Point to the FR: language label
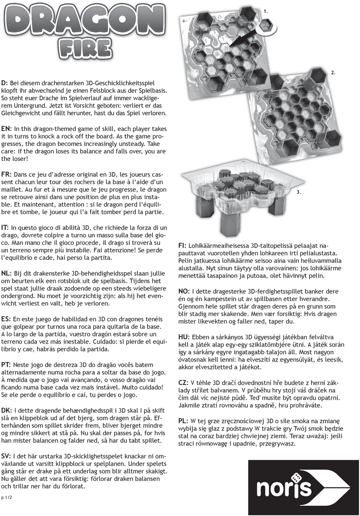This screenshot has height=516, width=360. [x=7, y=174]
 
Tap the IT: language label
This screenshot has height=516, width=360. [x=6, y=227]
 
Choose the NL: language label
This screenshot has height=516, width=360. [x=7, y=272]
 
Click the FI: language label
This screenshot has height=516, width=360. [x=183, y=246]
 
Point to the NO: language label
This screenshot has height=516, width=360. [x=185, y=291]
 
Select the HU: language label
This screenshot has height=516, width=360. [x=185, y=337]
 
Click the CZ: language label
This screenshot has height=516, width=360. [x=184, y=383]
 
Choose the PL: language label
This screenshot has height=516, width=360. [x=184, y=420]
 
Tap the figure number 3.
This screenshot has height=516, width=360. [x=299, y=193]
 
